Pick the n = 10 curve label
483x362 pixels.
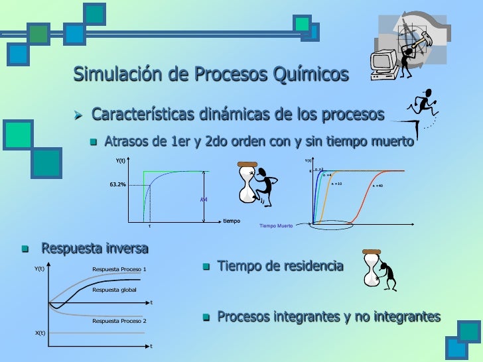[336, 182]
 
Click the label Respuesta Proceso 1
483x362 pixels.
[119, 269]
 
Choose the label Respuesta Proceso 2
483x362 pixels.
[119, 321]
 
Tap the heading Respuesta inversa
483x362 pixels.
[95, 249]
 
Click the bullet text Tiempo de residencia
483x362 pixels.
[281, 267]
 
